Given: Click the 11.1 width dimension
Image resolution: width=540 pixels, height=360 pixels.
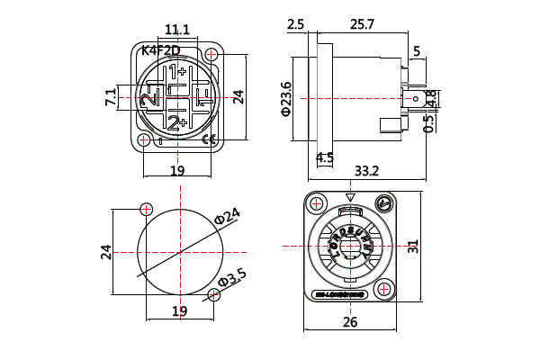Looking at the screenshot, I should pyautogui.click(x=177, y=30).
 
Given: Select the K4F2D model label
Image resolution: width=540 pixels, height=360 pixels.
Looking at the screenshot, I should pyautogui.click(x=161, y=50).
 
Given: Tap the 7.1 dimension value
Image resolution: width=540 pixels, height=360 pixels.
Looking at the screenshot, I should pyautogui.click(x=111, y=97).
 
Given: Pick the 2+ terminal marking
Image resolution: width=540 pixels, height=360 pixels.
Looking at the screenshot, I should pyautogui.click(x=176, y=121).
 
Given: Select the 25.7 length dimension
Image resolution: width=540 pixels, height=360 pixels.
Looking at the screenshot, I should pyautogui.click(x=360, y=24).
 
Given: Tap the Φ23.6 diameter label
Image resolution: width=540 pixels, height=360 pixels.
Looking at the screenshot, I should pyautogui.click(x=286, y=99).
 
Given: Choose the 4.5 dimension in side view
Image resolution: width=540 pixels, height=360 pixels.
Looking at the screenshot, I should pyautogui.click(x=325, y=157).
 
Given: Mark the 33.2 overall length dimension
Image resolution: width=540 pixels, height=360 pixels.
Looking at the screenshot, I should pyautogui.click(x=366, y=170).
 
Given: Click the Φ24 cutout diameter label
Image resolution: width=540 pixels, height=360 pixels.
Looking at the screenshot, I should pyautogui.click(x=228, y=216).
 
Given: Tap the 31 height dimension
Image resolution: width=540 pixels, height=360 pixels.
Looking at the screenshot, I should pyautogui.click(x=438, y=247).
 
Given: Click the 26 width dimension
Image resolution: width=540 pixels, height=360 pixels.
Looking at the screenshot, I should pyautogui.click(x=350, y=321).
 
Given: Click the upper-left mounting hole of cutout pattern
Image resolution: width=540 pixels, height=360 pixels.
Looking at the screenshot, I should pyautogui.click(x=147, y=209).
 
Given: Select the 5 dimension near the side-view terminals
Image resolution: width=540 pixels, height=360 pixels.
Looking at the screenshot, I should pyautogui.click(x=417, y=51).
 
